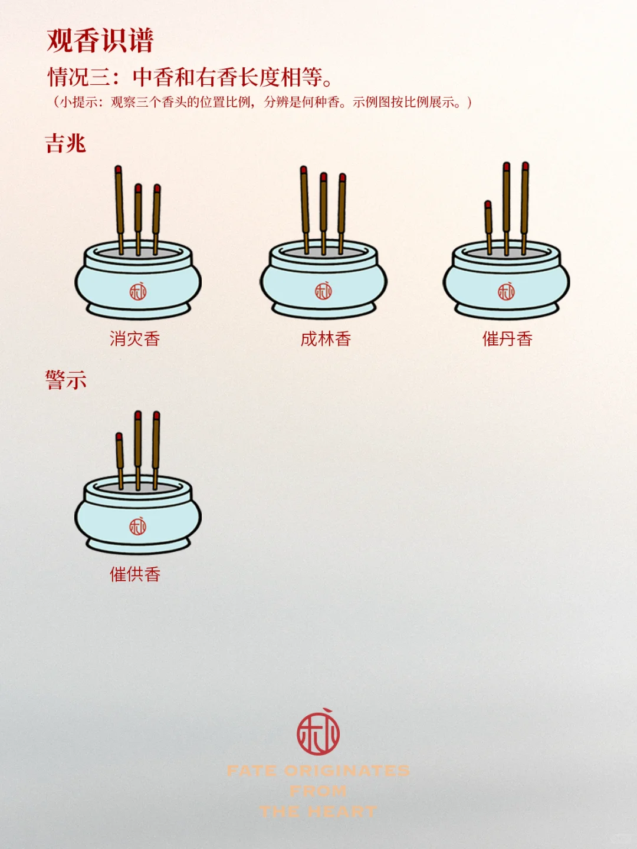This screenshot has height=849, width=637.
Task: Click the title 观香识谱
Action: pos(100,41)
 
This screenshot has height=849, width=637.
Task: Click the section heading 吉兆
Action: pos(65,143)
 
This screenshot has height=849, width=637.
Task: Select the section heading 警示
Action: pos(65,380)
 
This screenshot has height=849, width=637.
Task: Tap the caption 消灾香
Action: pos(134,339)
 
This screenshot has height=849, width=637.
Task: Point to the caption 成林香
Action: pos(326,339)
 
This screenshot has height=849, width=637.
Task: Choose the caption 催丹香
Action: pos(507,339)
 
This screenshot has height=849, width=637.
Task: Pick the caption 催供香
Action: pos(134,574)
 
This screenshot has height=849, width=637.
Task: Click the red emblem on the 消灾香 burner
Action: pos(138,291)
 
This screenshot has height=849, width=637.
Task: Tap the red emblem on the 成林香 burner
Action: pos(323,291)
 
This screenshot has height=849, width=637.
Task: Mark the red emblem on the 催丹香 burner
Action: pos(506,291)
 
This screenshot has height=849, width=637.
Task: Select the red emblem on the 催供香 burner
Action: pos(138,526)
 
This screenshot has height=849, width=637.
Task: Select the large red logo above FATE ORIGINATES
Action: pos(318,733)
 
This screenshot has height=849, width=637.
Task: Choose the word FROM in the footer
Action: pos(318,791)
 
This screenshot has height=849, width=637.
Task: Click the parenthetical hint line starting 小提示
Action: pos(262,102)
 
